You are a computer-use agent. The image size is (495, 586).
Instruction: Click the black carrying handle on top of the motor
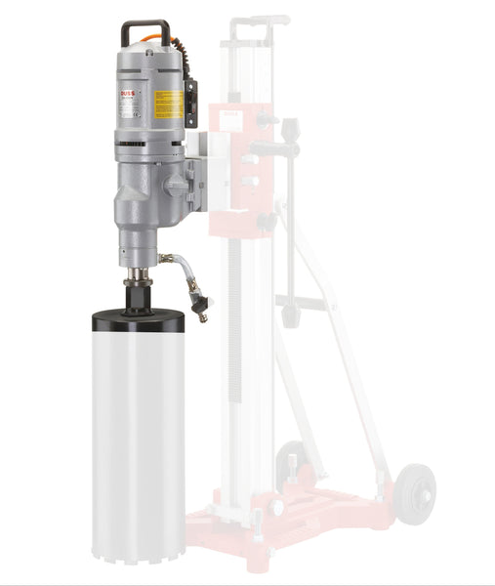point(144,24)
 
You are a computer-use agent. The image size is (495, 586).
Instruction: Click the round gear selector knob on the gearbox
point(176,185)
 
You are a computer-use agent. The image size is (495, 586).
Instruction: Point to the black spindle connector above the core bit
point(139,292)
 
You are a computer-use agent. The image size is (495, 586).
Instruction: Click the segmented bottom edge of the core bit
point(138,571)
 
